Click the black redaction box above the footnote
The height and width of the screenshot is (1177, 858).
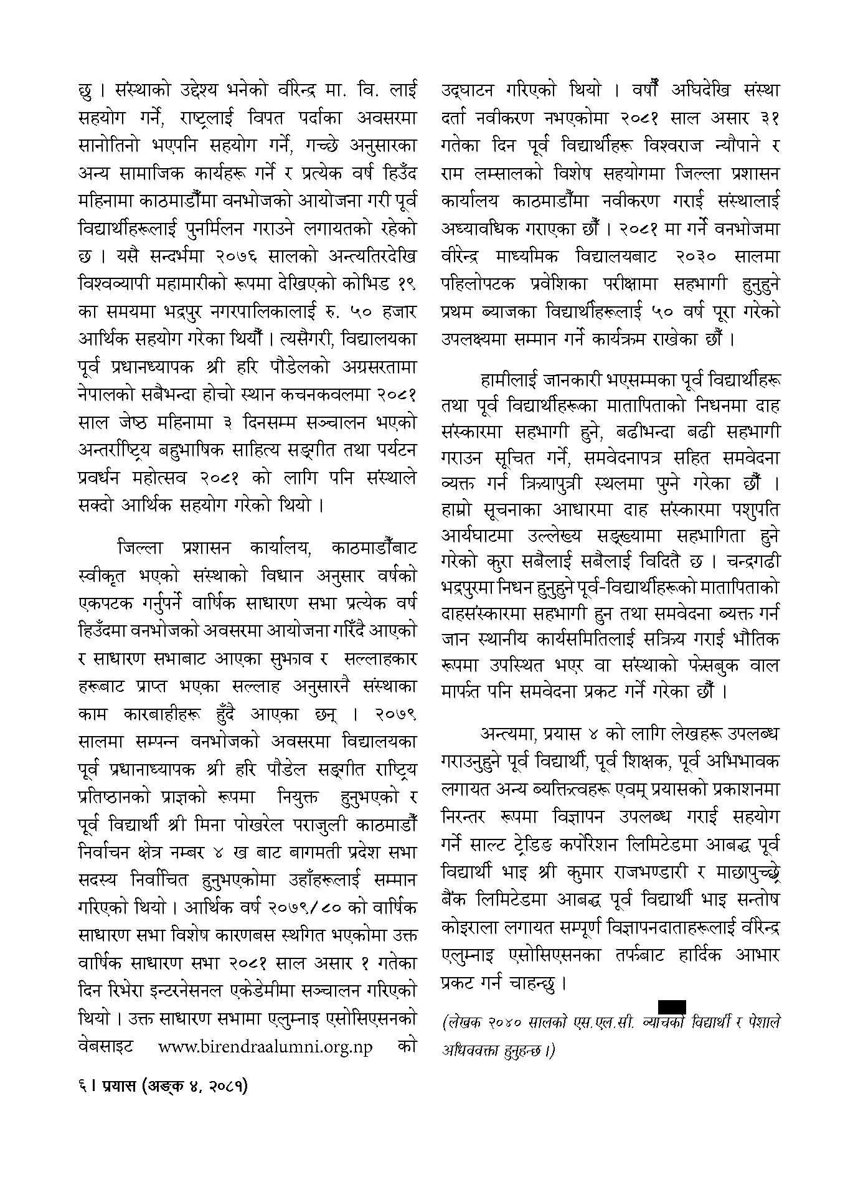coord(672,1007)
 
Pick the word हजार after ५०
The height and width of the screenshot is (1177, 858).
coord(395,310)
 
